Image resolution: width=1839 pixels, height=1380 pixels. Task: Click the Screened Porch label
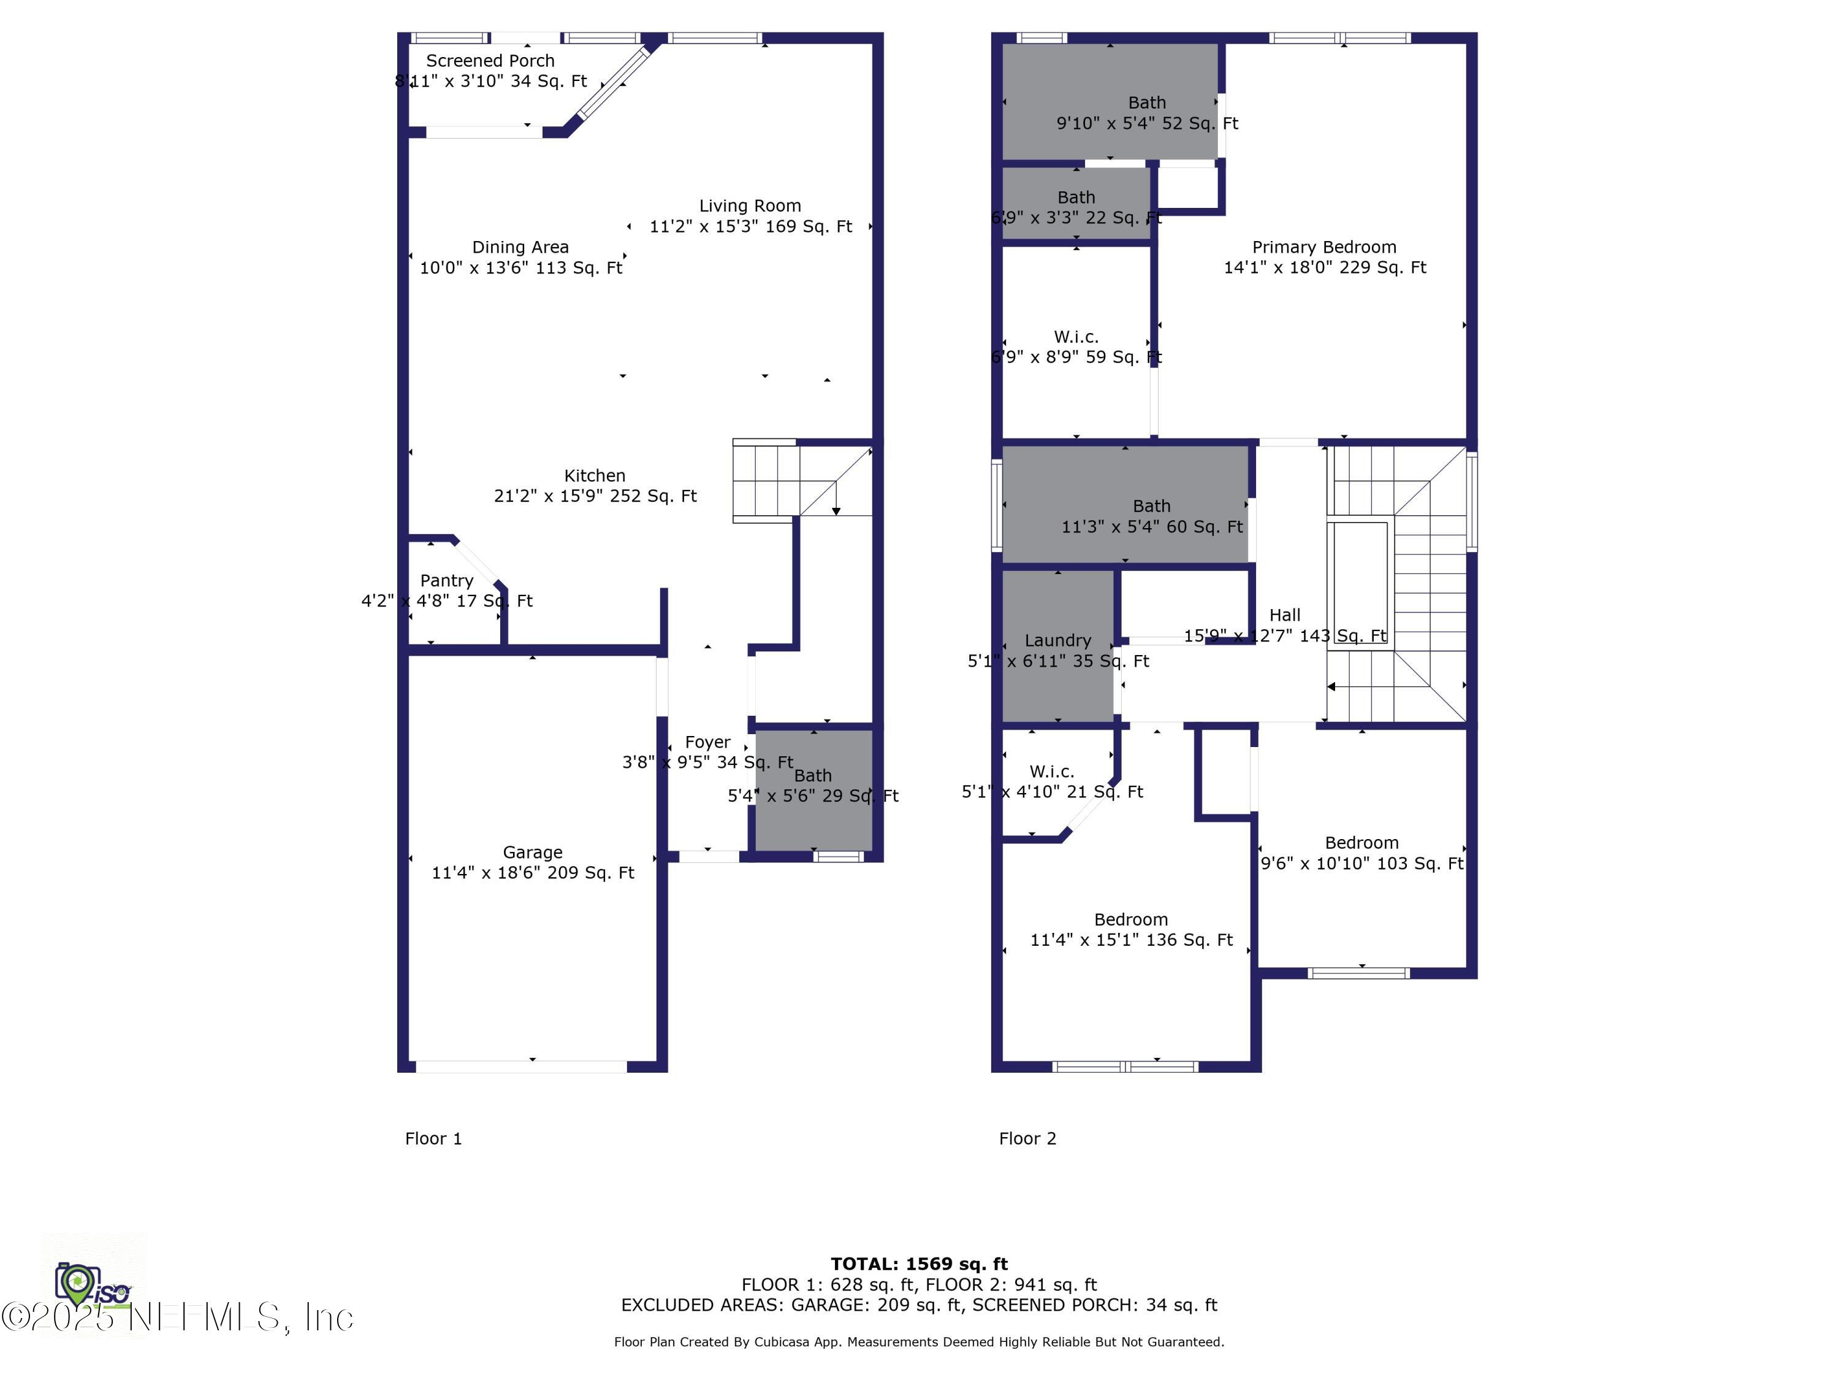click(x=490, y=61)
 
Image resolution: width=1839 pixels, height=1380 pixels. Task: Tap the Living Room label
click(x=750, y=205)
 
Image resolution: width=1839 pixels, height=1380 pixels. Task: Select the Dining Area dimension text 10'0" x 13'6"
click(x=520, y=268)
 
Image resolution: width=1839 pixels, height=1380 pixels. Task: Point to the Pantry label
click(x=446, y=581)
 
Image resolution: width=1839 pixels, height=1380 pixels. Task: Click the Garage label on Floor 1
click(x=532, y=852)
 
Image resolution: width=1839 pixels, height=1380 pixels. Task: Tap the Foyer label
click(x=707, y=742)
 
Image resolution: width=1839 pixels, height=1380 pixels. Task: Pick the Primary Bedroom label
click(x=1323, y=247)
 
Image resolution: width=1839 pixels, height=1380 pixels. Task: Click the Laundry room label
click(x=1057, y=640)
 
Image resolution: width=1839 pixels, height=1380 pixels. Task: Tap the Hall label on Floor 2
click(x=1284, y=615)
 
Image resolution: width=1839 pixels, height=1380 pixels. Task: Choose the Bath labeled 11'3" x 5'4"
click(x=1151, y=516)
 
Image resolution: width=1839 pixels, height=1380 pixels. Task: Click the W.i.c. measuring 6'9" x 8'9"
click(x=1076, y=347)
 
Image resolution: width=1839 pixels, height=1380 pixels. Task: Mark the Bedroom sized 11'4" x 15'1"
click(x=1130, y=929)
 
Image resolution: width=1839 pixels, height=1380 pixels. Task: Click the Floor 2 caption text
click(x=1027, y=1139)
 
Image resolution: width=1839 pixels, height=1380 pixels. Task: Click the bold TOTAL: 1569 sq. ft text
click(x=919, y=1263)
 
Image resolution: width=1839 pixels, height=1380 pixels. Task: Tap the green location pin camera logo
click(x=77, y=1284)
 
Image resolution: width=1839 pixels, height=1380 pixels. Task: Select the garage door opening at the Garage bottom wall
click(x=521, y=1067)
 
